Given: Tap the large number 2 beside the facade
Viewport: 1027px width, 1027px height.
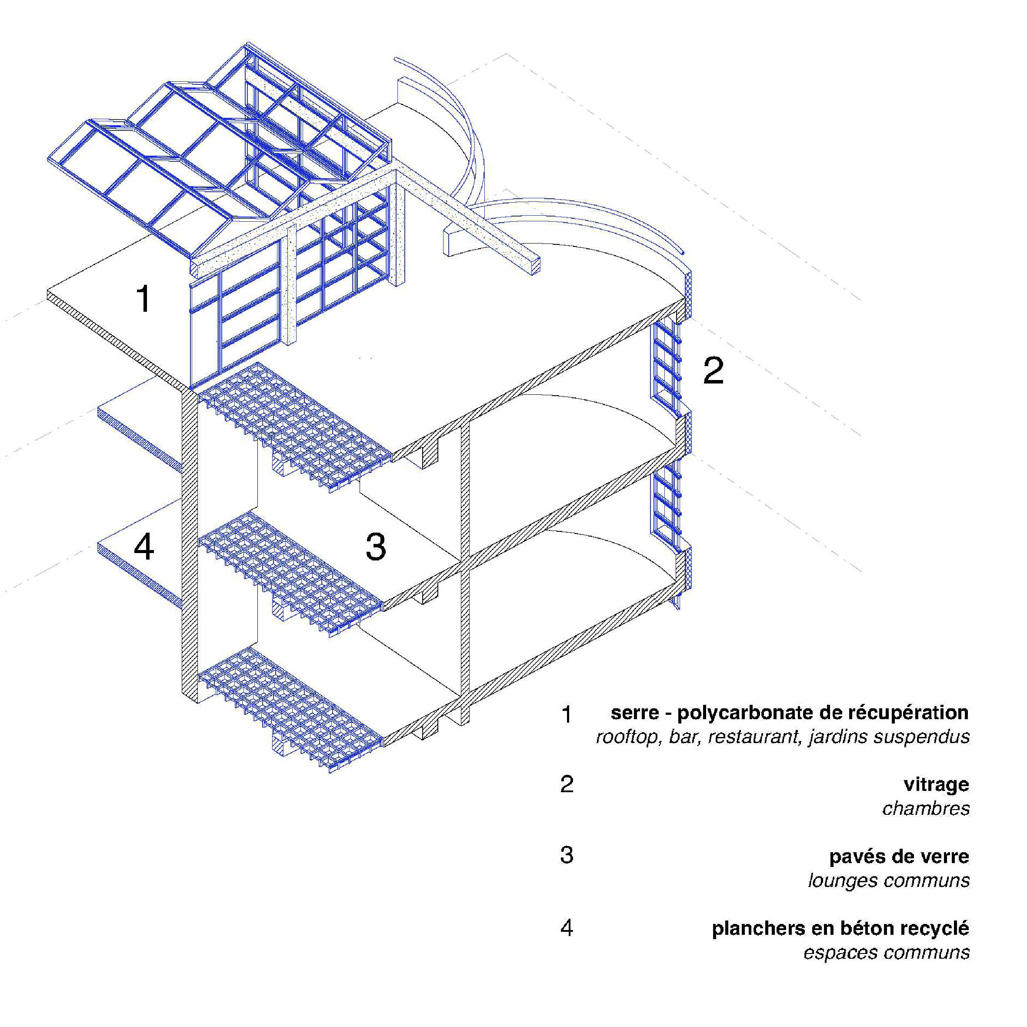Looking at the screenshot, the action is click(714, 370).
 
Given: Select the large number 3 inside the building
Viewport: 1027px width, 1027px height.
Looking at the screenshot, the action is click(376, 547).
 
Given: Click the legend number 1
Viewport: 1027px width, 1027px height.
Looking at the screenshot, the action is click(567, 715).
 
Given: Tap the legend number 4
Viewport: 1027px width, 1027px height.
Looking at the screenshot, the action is click(567, 927).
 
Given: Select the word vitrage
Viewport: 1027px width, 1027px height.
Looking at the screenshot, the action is click(936, 785).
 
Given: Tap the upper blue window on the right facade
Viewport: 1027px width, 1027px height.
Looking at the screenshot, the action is click(666, 367).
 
